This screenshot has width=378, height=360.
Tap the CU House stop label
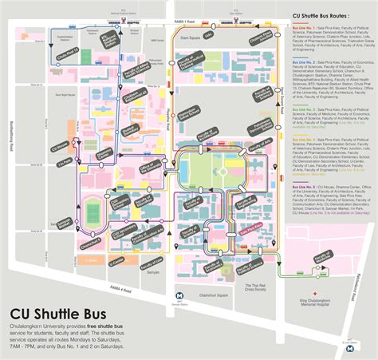pyautogui.click(x=37, y=146)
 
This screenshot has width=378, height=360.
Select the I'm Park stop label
pyautogui.click(x=42, y=163)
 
